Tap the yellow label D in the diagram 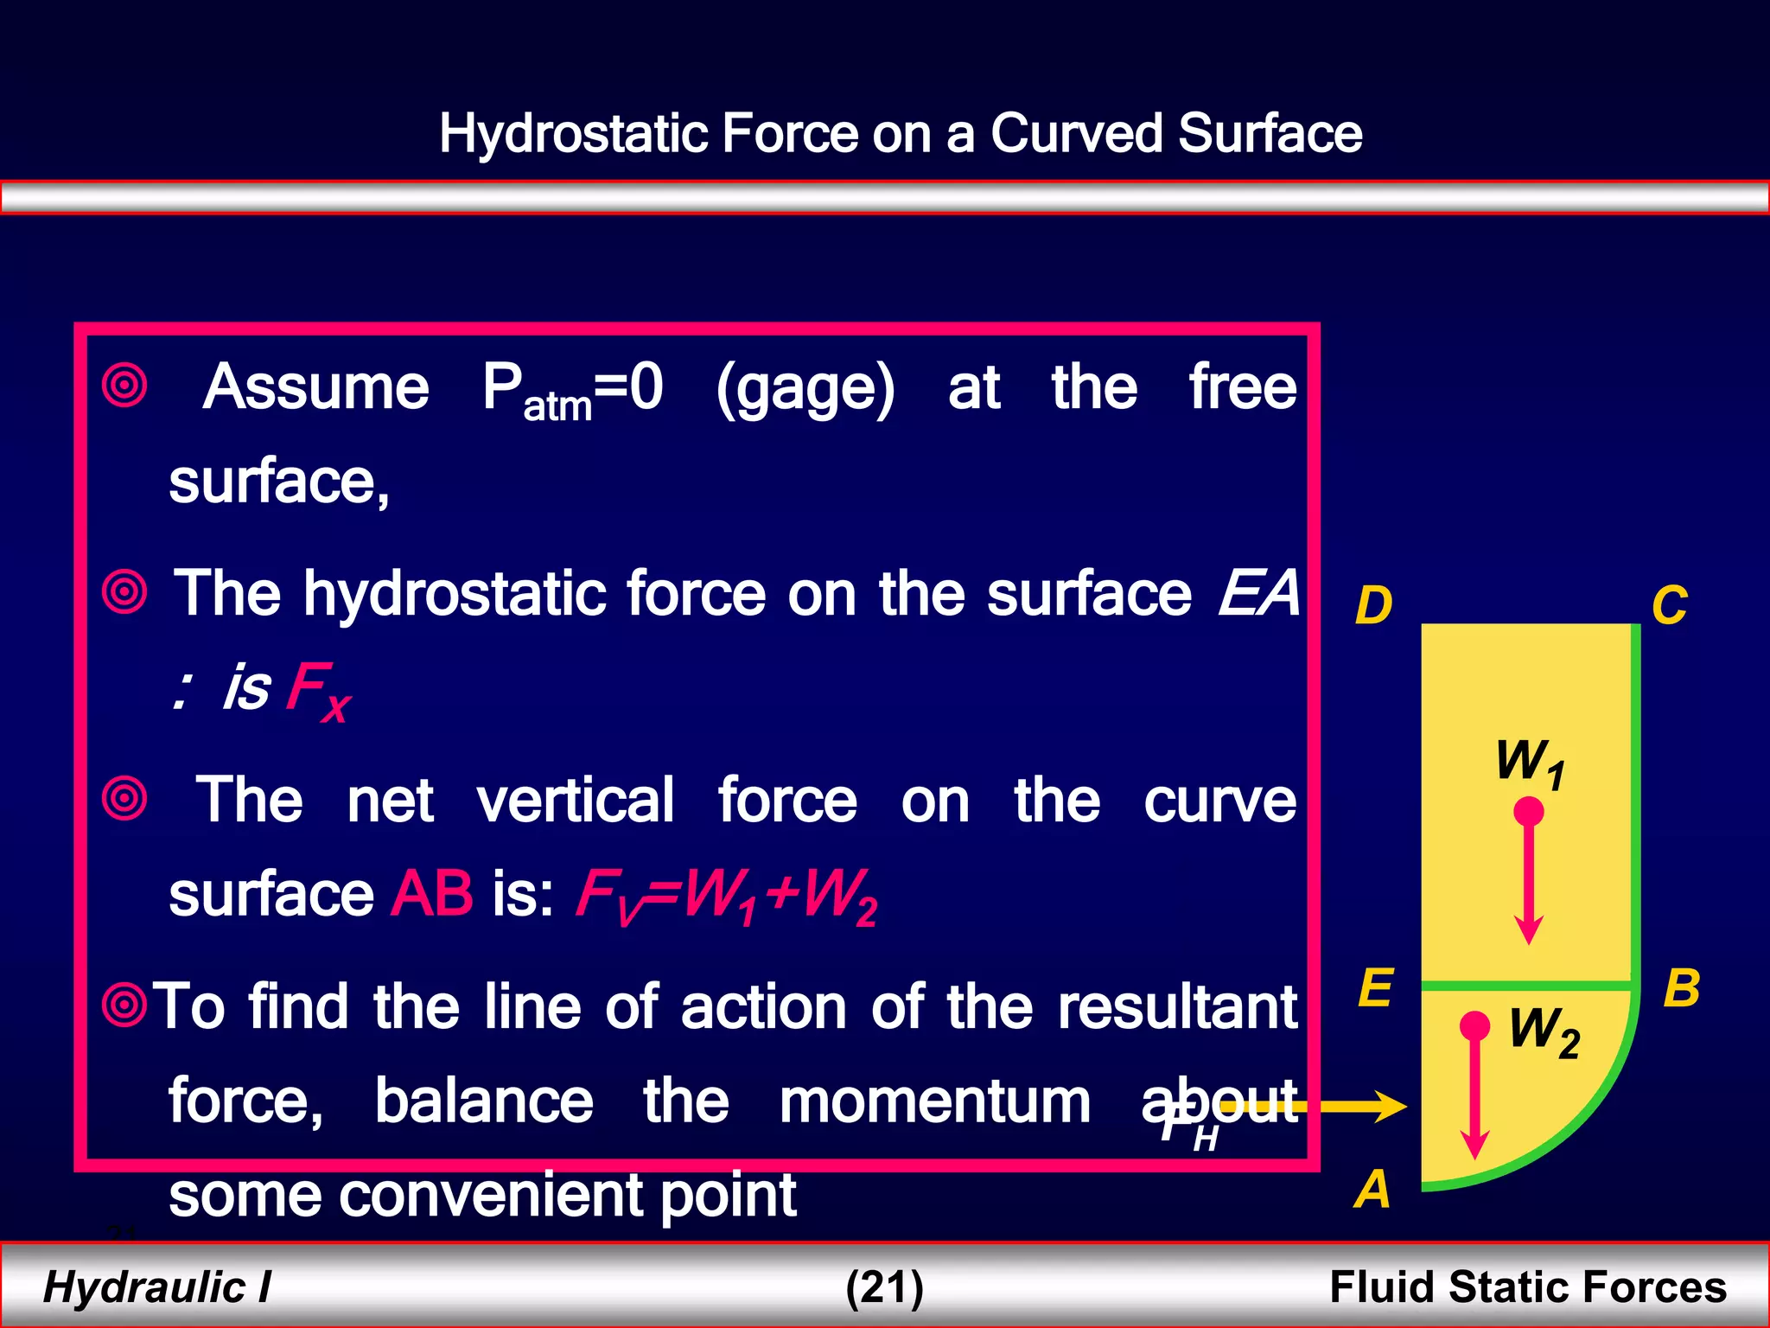[1373, 605]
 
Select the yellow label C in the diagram [1669, 605]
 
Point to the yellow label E [1375, 988]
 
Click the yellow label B [1682, 988]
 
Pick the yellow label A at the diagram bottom [1372, 1189]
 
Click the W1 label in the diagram [1530, 763]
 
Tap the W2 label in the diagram [1544, 1031]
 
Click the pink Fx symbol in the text [318, 690]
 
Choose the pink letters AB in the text [431, 894]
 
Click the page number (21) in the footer [884, 1286]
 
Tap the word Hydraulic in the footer [144, 1286]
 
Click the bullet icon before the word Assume [125, 386]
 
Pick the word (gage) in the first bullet [805, 388]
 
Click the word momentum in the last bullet [934, 1101]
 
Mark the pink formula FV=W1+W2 [726, 896]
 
